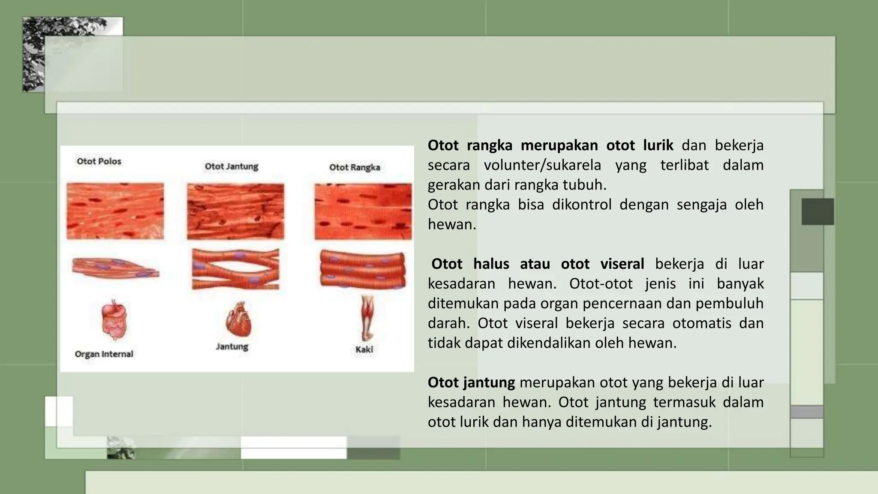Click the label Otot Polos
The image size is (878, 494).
[x=99, y=161]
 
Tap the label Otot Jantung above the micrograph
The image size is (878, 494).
[x=232, y=166]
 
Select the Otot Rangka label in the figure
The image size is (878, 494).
[x=355, y=167]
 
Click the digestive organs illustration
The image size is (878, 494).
[x=114, y=320]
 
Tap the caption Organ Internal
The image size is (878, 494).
[x=104, y=354]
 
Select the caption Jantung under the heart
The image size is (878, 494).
[x=232, y=346]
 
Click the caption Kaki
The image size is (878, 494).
[x=364, y=349]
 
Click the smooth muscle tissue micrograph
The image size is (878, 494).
[x=115, y=211]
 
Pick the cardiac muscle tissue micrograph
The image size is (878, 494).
[x=235, y=211]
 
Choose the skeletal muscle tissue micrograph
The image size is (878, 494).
[x=363, y=211]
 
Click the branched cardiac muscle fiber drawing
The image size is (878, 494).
[x=235, y=269]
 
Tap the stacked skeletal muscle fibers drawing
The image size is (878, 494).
[x=363, y=268]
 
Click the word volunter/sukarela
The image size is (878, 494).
[x=542, y=165]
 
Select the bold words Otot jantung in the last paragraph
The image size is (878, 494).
[x=471, y=382]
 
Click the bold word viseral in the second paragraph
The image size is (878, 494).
[x=622, y=264]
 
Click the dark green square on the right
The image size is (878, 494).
[x=818, y=211]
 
